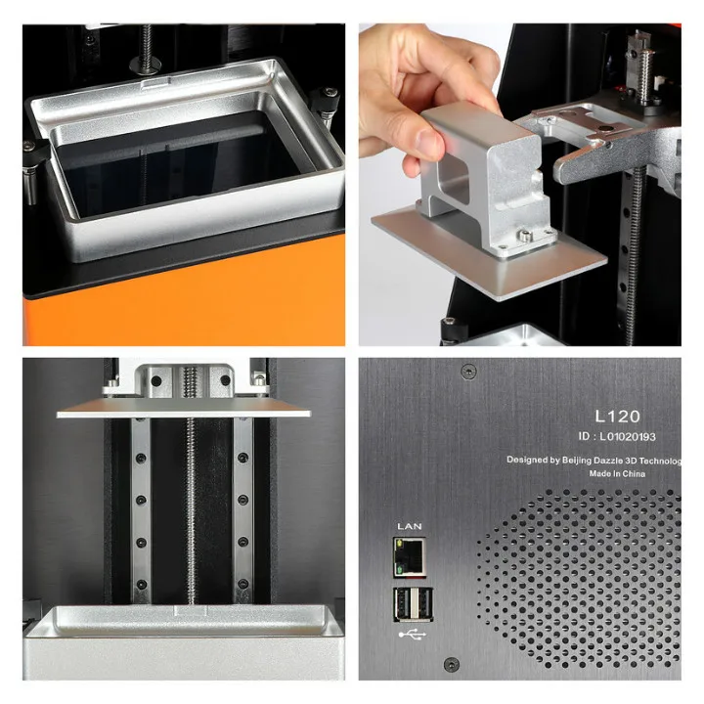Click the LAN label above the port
click(x=408, y=526)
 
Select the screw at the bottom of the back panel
click(x=451, y=666)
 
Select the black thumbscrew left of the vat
click(x=30, y=161)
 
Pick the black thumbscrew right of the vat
click(x=326, y=106)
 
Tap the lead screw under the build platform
click(x=190, y=508)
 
